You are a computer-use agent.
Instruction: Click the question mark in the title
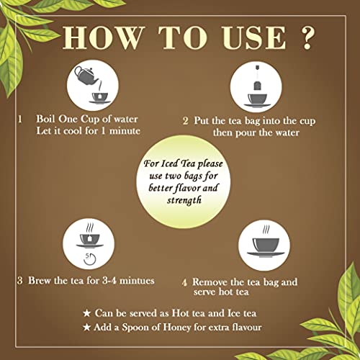pyautogui.click(x=307, y=38)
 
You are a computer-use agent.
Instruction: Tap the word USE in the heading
pyautogui.click(x=253, y=38)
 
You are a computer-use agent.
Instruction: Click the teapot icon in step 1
pyautogui.click(x=86, y=76)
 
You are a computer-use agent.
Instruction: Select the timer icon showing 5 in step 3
pyautogui.click(x=90, y=259)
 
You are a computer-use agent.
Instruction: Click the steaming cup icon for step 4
pyautogui.click(x=265, y=243)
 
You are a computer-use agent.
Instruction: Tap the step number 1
pyautogui.click(x=20, y=120)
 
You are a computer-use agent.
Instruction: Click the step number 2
pyautogui.click(x=185, y=121)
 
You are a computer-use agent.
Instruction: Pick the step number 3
pyautogui.click(x=20, y=281)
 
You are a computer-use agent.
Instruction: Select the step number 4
pyautogui.click(x=184, y=283)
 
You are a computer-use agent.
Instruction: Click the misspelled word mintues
pyautogui.click(x=137, y=280)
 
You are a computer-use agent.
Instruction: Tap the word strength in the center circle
pyautogui.click(x=184, y=200)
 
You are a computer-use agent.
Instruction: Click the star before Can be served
pyautogui.click(x=86, y=313)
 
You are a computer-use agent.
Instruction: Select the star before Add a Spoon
pyautogui.click(x=86, y=328)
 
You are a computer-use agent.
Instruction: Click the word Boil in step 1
pyautogui.click(x=46, y=119)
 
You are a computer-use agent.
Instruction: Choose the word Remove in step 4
pyautogui.click(x=210, y=282)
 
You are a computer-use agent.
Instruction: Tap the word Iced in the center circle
pyautogui.click(x=170, y=163)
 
